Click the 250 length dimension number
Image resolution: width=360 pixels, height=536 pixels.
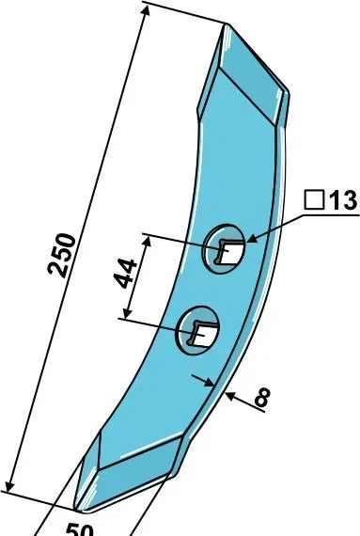point(61,255)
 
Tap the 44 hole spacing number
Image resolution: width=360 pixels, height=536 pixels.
point(125,274)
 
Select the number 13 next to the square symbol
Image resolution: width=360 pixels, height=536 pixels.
point(342,200)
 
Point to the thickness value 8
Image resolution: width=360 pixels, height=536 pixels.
point(262,397)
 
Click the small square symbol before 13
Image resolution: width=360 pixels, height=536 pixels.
point(314,200)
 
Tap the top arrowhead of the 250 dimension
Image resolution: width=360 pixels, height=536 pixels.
point(146,11)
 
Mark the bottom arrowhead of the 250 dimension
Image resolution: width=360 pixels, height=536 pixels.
point(10,486)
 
